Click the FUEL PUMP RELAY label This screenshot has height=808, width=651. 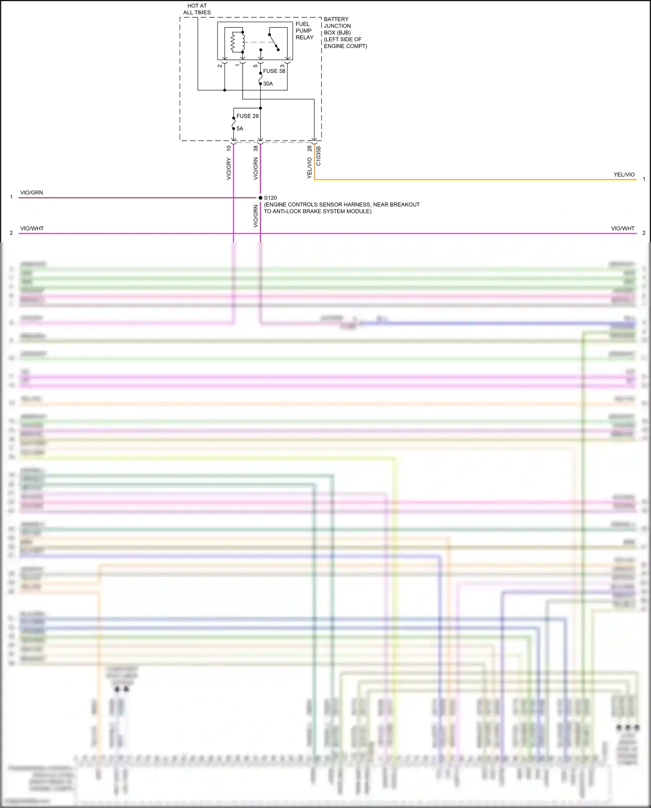click(x=304, y=31)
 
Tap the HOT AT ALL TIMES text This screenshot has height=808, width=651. click(x=197, y=9)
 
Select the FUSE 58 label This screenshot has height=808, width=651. click(x=274, y=71)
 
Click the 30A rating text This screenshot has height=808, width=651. click(x=268, y=84)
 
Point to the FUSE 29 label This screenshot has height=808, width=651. click(x=247, y=116)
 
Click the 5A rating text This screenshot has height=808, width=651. click(x=240, y=129)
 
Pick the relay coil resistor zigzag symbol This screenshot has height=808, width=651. click(x=233, y=42)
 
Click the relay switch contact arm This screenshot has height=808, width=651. click(x=273, y=41)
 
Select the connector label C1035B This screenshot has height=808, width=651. click(x=318, y=155)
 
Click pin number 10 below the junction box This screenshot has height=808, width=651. click(x=229, y=148)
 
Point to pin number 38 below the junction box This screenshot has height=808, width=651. click(x=256, y=148)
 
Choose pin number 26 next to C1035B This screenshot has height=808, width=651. click(x=309, y=148)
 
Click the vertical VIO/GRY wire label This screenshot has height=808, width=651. click(x=229, y=169)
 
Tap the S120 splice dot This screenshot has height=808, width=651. click(x=260, y=198)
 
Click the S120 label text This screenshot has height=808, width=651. click(x=270, y=198)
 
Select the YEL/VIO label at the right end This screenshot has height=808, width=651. click(x=624, y=175)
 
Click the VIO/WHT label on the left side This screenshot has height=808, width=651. click(x=32, y=228)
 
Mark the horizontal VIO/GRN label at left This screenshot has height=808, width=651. click(x=32, y=193)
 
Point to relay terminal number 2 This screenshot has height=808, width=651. click(x=220, y=66)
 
